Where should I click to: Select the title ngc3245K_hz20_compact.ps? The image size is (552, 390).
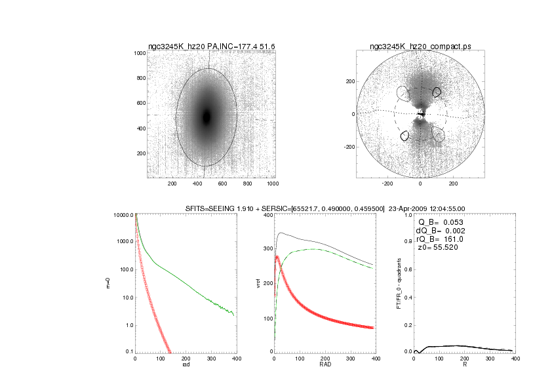[420, 47]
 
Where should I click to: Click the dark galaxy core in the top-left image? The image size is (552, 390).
[207, 117]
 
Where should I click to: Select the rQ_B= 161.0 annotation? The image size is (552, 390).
[435, 239]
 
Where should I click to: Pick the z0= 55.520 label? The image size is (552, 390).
[433, 248]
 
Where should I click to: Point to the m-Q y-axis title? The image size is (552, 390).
[108, 283]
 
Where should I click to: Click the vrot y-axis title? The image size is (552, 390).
[248, 283]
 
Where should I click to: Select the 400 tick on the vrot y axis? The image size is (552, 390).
[267, 216]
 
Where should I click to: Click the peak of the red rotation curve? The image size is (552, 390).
[278, 256]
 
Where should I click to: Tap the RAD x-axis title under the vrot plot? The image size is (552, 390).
[325, 365]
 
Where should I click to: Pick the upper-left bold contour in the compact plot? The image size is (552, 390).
[437, 92]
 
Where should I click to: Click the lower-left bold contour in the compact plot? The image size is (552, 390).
[405, 136]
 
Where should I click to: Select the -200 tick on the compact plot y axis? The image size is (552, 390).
[349, 147]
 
